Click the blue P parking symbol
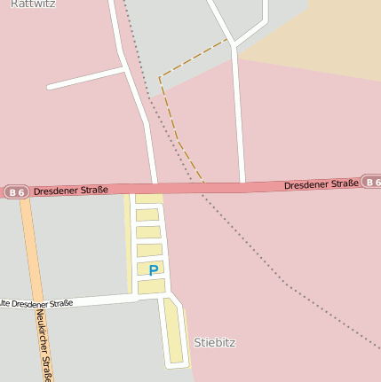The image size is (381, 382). click(154, 270)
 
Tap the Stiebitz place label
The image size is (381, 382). click(215, 342)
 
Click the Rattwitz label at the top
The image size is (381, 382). click(32, 4)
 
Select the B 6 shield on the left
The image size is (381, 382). click(15, 191)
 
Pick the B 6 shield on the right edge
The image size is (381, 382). click(371, 182)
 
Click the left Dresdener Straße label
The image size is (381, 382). click(71, 190)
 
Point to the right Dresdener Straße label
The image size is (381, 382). click(321, 184)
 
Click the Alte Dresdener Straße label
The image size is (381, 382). click(36, 304)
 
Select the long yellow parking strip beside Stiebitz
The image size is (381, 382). click(174, 331)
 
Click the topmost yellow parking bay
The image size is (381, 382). click(147, 199)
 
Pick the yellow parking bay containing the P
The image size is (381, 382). click(150, 269)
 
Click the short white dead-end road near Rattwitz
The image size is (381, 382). click(84, 78)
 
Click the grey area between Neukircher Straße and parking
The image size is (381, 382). click(80, 248)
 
